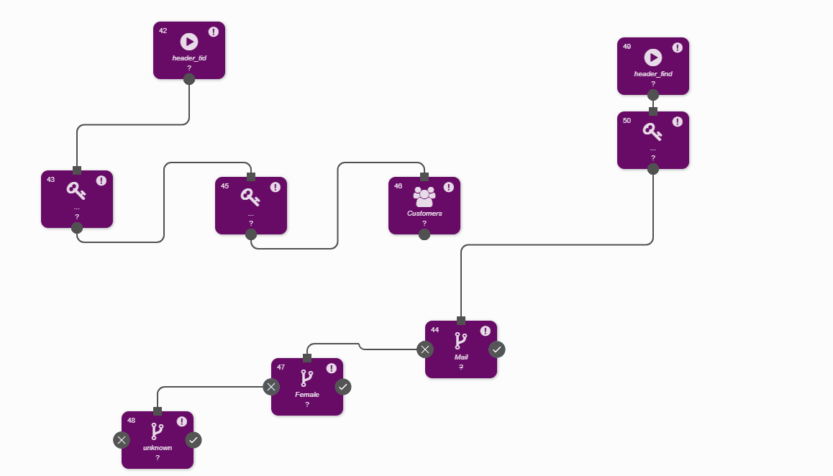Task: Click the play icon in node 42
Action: (x=189, y=42)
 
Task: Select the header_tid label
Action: (x=189, y=58)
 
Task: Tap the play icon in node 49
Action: (x=652, y=58)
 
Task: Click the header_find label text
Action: (x=652, y=73)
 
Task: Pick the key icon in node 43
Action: (x=76, y=191)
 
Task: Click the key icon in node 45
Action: (x=250, y=196)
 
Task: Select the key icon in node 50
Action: (x=652, y=132)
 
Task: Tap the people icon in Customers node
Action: (x=424, y=196)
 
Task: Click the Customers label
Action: (x=424, y=214)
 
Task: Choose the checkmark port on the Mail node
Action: (x=497, y=349)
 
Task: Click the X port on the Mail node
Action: (x=425, y=349)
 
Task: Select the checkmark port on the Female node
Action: (x=343, y=387)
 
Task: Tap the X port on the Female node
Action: (x=270, y=387)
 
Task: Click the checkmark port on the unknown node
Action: (x=194, y=439)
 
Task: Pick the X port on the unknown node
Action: (x=122, y=439)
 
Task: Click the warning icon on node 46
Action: (x=449, y=187)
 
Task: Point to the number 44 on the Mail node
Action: (x=434, y=330)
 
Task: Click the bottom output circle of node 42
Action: (x=189, y=79)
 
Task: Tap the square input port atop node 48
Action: (x=158, y=411)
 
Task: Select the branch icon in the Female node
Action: (x=307, y=378)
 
